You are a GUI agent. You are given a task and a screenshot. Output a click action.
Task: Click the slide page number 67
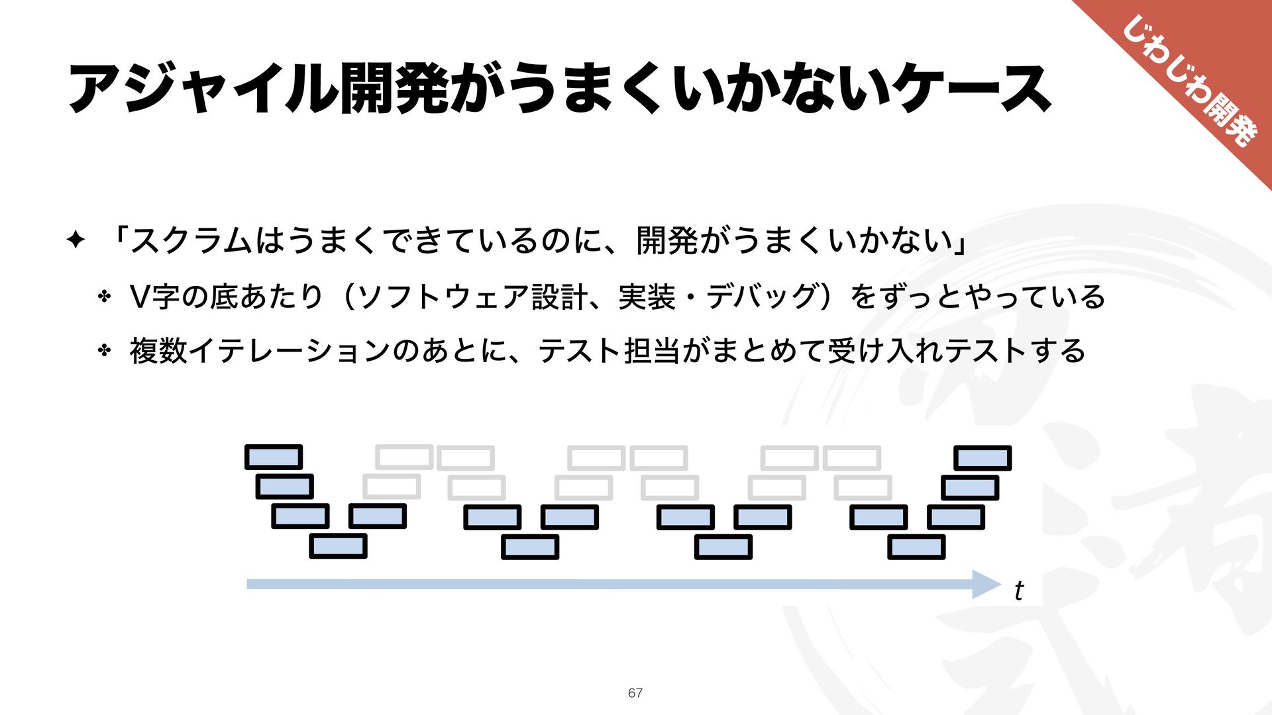click(x=635, y=692)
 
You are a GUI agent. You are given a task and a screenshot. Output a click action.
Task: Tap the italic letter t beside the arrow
click(x=1018, y=590)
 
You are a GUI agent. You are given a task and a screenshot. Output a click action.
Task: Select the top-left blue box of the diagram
click(x=274, y=457)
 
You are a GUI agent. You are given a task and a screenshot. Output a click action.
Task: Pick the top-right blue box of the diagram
click(x=982, y=458)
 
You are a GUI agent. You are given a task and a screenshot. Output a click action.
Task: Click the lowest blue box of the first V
click(x=338, y=546)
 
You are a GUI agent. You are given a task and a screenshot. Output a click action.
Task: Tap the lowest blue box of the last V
click(x=916, y=548)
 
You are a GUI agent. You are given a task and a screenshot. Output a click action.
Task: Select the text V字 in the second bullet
click(x=154, y=296)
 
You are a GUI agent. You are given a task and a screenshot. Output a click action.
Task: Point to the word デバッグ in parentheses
click(x=763, y=296)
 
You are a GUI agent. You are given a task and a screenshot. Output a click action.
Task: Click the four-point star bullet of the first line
click(x=76, y=240)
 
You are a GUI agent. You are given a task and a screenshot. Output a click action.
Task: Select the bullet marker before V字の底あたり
click(x=104, y=297)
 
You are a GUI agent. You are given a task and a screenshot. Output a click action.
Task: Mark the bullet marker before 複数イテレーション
click(x=104, y=351)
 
